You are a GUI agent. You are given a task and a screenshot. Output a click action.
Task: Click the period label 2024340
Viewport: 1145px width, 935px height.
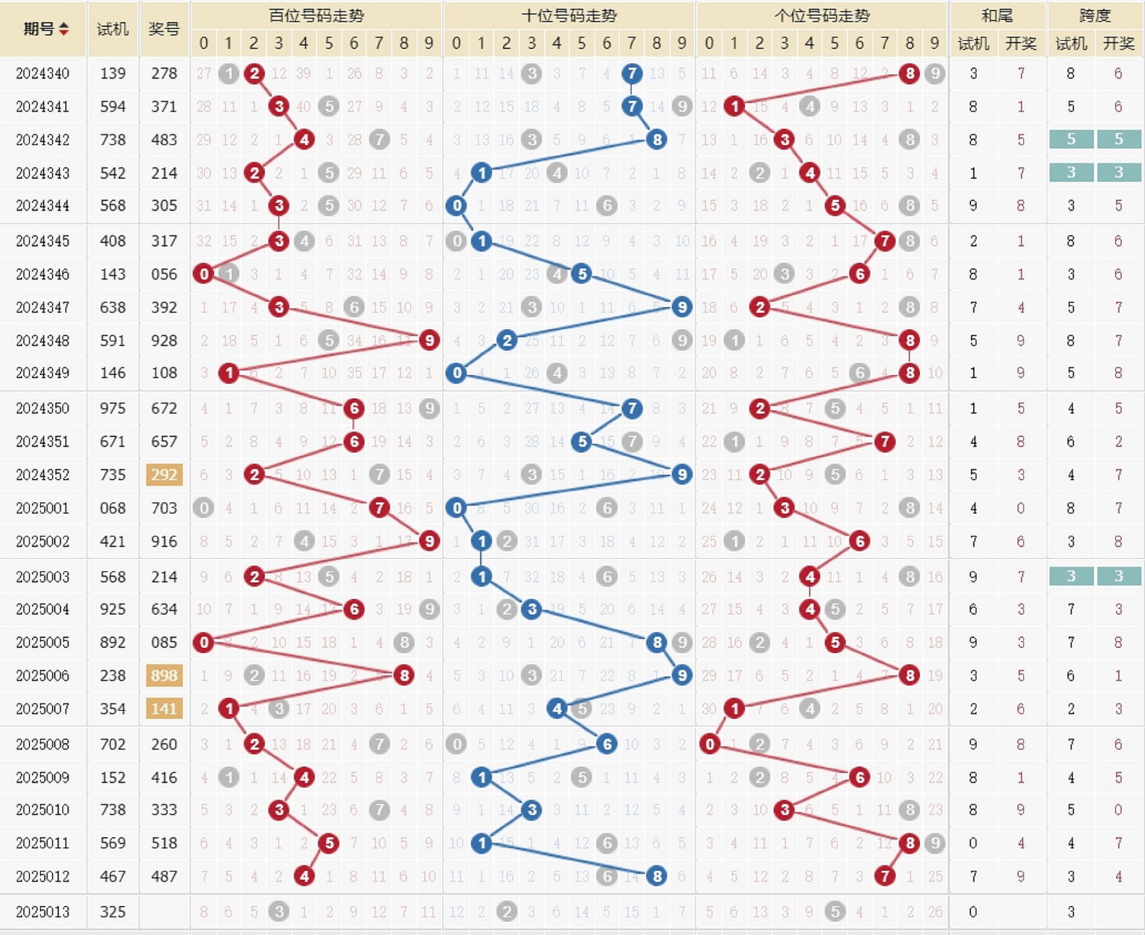click(x=43, y=73)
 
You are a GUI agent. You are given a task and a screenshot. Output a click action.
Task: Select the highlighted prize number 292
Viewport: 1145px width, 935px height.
click(x=164, y=474)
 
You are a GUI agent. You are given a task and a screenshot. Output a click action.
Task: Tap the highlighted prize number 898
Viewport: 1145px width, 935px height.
click(x=164, y=675)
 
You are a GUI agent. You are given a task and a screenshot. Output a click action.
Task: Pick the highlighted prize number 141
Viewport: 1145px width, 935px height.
click(x=164, y=709)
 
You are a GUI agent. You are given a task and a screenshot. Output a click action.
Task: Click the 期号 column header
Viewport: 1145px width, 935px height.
click(x=39, y=29)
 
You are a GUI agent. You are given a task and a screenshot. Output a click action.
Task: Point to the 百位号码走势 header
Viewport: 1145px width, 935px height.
click(x=317, y=15)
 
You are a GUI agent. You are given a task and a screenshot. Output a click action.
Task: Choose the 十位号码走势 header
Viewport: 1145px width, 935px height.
click(x=569, y=15)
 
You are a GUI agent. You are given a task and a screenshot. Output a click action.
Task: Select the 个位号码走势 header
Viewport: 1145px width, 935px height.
click(x=822, y=15)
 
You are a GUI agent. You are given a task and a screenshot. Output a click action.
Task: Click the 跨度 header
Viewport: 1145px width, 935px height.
click(x=1095, y=15)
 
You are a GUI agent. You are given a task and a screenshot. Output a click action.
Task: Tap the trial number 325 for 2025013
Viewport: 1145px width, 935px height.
click(x=113, y=911)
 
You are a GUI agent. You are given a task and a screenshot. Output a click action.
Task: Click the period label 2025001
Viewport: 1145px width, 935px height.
click(x=43, y=508)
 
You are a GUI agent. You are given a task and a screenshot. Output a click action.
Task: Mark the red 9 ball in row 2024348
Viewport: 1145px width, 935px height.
click(x=429, y=340)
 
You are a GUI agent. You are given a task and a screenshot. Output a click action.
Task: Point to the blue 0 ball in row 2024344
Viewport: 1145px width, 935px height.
click(x=456, y=205)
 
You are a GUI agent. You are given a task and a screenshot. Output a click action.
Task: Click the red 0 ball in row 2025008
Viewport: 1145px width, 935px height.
click(x=710, y=743)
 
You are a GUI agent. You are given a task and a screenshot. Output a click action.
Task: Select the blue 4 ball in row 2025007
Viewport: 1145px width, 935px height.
click(x=557, y=709)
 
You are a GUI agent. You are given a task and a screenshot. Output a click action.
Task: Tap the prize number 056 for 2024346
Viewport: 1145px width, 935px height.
click(x=164, y=273)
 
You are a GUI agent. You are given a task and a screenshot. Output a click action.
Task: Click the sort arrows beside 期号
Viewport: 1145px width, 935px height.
click(x=64, y=29)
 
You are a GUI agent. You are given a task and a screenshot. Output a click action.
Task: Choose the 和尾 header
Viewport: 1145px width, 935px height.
click(x=997, y=15)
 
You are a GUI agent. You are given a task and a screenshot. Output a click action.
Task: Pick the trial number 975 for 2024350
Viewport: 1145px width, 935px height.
click(x=113, y=408)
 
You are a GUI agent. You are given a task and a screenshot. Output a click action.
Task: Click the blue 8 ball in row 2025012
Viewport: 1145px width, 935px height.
click(x=657, y=876)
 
